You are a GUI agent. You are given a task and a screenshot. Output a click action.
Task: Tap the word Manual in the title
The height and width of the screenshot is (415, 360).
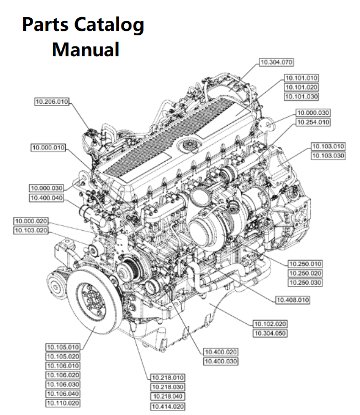click(86, 50)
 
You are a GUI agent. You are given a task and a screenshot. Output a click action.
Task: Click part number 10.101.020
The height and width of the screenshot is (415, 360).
click(301, 87)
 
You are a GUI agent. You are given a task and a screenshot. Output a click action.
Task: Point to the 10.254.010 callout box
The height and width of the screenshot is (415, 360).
click(313, 122)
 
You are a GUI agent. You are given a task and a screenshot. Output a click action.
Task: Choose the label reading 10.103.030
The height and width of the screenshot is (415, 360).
click(328, 156)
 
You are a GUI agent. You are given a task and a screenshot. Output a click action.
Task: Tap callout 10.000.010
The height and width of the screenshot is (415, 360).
click(48, 148)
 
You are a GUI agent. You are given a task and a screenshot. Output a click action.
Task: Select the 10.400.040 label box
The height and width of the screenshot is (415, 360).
click(46, 198)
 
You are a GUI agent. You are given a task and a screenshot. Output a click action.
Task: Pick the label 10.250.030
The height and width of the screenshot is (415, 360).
click(305, 283)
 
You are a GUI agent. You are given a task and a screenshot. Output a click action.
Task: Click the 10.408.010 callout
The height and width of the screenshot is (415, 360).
click(292, 300)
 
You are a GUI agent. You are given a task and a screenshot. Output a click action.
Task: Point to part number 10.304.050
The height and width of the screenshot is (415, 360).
click(270, 333)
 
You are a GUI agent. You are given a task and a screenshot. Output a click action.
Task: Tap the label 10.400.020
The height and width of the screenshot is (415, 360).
click(220, 352)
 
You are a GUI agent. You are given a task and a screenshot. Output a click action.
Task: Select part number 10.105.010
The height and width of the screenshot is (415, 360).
click(62, 347)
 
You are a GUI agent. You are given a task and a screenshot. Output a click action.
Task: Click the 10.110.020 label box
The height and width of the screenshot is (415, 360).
click(62, 403)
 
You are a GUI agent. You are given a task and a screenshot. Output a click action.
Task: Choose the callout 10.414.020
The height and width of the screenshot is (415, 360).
click(168, 406)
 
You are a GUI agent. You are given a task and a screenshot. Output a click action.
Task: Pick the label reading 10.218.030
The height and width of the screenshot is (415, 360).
click(168, 387)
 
